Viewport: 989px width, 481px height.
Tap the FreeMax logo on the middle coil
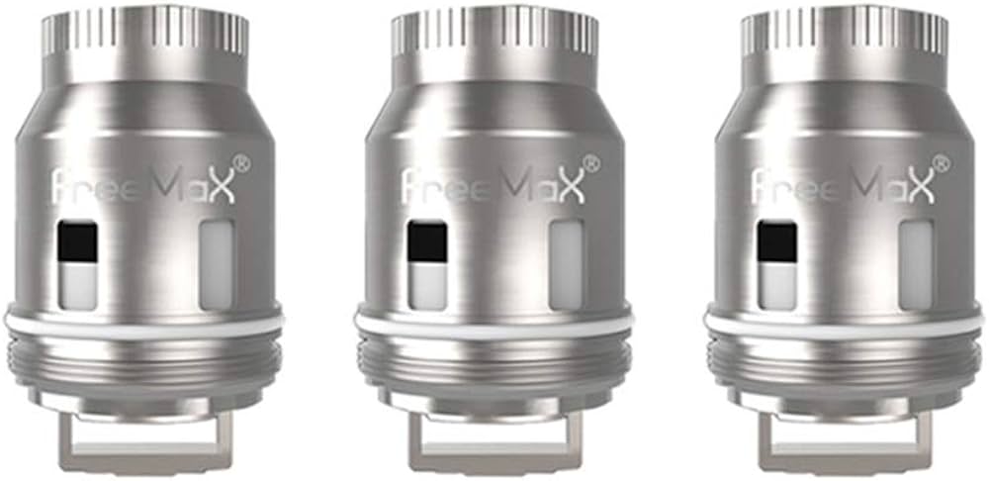(x=494, y=185)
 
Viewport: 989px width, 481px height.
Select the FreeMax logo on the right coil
(x=844, y=185)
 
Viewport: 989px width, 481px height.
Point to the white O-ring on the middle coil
(x=494, y=325)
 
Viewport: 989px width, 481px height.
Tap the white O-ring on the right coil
(x=844, y=325)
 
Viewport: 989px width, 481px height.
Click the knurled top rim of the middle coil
(x=494, y=34)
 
